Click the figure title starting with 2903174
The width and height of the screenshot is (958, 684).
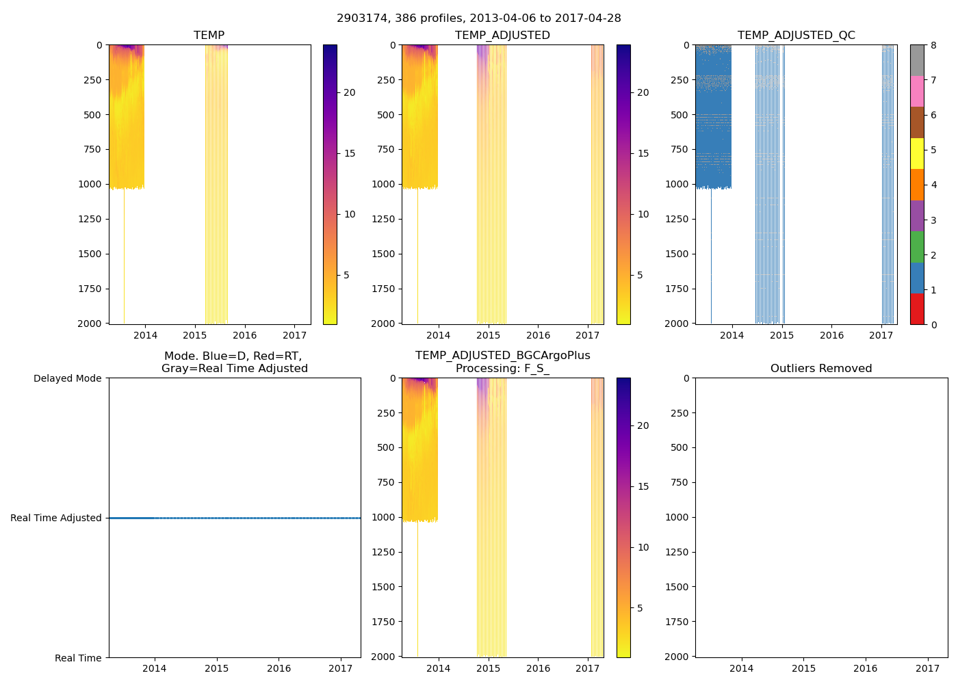(479, 18)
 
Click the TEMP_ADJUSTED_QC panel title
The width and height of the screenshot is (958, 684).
(796, 35)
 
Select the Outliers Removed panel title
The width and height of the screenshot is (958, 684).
(821, 368)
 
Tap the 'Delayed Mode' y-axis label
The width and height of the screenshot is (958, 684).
(67, 378)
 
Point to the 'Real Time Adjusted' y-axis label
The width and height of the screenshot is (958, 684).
(55, 518)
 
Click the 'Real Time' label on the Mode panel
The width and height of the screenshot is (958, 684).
(78, 658)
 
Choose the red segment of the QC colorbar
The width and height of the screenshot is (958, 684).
(917, 308)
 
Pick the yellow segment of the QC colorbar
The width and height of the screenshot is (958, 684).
(917, 153)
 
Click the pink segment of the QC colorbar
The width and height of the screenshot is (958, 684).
(917, 91)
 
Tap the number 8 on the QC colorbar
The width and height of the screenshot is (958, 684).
(933, 45)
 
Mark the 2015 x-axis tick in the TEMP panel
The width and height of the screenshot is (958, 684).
(195, 335)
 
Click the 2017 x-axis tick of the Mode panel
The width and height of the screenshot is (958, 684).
(340, 668)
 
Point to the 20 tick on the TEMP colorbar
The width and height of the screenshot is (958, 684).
(349, 92)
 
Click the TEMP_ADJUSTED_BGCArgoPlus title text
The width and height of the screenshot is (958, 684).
(502, 356)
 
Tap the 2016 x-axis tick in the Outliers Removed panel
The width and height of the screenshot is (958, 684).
(866, 668)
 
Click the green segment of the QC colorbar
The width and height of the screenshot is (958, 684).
(917, 247)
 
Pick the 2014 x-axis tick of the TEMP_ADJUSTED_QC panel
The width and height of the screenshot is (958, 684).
(732, 335)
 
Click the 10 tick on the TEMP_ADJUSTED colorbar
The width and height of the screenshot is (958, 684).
(643, 214)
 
